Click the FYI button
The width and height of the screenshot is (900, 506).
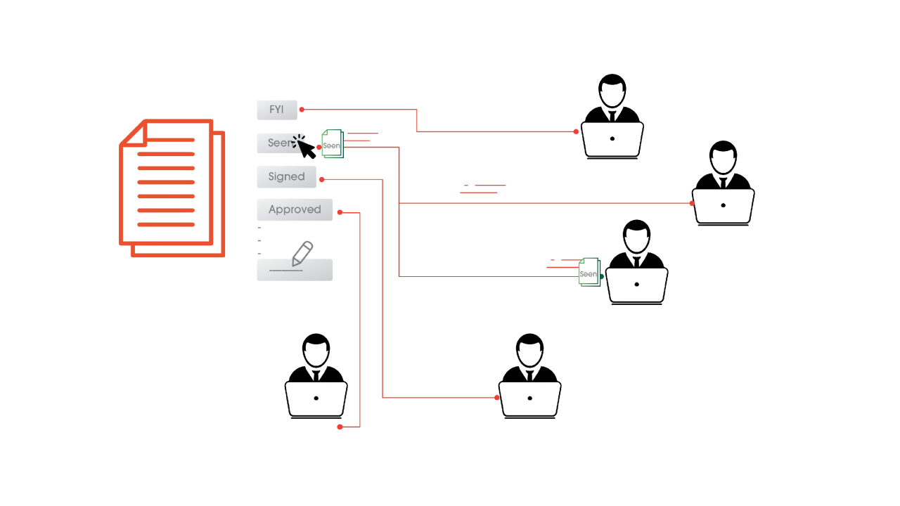pyautogui.click(x=276, y=110)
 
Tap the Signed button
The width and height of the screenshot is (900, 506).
pyautogui.click(x=286, y=176)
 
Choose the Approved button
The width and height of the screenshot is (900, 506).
pyautogui.click(x=295, y=209)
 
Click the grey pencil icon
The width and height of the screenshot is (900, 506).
pyautogui.click(x=302, y=253)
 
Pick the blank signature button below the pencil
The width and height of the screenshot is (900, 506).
pyautogui.click(x=295, y=271)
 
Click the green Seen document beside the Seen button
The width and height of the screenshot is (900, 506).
pyautogui.click(x=333, y=144)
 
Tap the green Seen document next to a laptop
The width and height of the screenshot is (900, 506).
pyautogui.click(x=589, y=272)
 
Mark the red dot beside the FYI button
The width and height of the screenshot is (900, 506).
pyautogui.click(x=302, y=110)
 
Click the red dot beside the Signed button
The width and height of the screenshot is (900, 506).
pyautogui.click(x=321, y=180)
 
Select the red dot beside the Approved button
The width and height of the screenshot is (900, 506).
pyautogui.click(x=340, y=212)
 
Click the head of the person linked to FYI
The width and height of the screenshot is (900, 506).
pyautogui.click(x=612, y=91)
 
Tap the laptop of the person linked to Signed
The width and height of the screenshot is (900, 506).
pyautogui.click(x=529, y=398)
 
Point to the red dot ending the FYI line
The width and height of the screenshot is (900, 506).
pyautogui.click(x=576, y=131)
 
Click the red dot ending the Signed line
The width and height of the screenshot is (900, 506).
pyautogui.click(x=497, y=398)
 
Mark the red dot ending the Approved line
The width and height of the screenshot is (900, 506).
pyautogui.click(x=340, y=427)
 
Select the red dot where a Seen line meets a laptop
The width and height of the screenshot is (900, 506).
pyautogui.click(x=692, y=203)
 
